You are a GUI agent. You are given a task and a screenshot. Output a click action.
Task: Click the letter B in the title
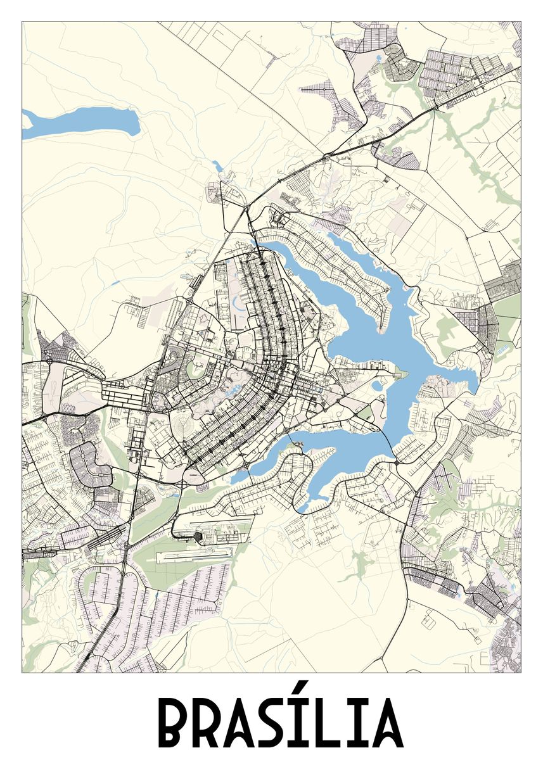point(172,723)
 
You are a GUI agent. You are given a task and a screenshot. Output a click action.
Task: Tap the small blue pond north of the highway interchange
point(217,167)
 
